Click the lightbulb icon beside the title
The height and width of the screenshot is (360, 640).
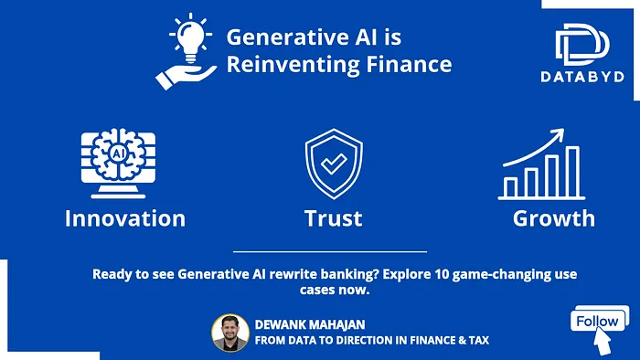click(x=190, y=38)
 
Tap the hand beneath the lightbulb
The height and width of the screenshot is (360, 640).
click(x=186, y=77)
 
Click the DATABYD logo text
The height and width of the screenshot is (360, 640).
click(x=582, y=77)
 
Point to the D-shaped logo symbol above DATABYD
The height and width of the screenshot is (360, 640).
click(x=582, y=44)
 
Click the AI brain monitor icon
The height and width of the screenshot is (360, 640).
click(x=118, y=164)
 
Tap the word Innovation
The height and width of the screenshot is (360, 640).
click(x=125, y=218)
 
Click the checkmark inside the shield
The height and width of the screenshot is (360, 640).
click(x=334, y=164)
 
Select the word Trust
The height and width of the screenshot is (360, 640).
click(x=334, y=218)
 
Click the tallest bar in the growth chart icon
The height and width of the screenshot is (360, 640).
click(x=572, y=172)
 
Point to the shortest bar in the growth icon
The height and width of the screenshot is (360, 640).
click(x=510, y=187)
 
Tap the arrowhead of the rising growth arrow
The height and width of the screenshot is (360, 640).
click(x=559, y=134)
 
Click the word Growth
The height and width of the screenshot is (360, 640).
click(x=554, y=218)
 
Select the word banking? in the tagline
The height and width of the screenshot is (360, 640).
click(x=350, y=274)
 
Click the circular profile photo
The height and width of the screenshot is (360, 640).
click(x=230, y=333)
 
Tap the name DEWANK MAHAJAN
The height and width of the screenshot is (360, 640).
click(x=310, y=324)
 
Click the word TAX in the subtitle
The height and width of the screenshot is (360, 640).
click(x=478, y=340)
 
